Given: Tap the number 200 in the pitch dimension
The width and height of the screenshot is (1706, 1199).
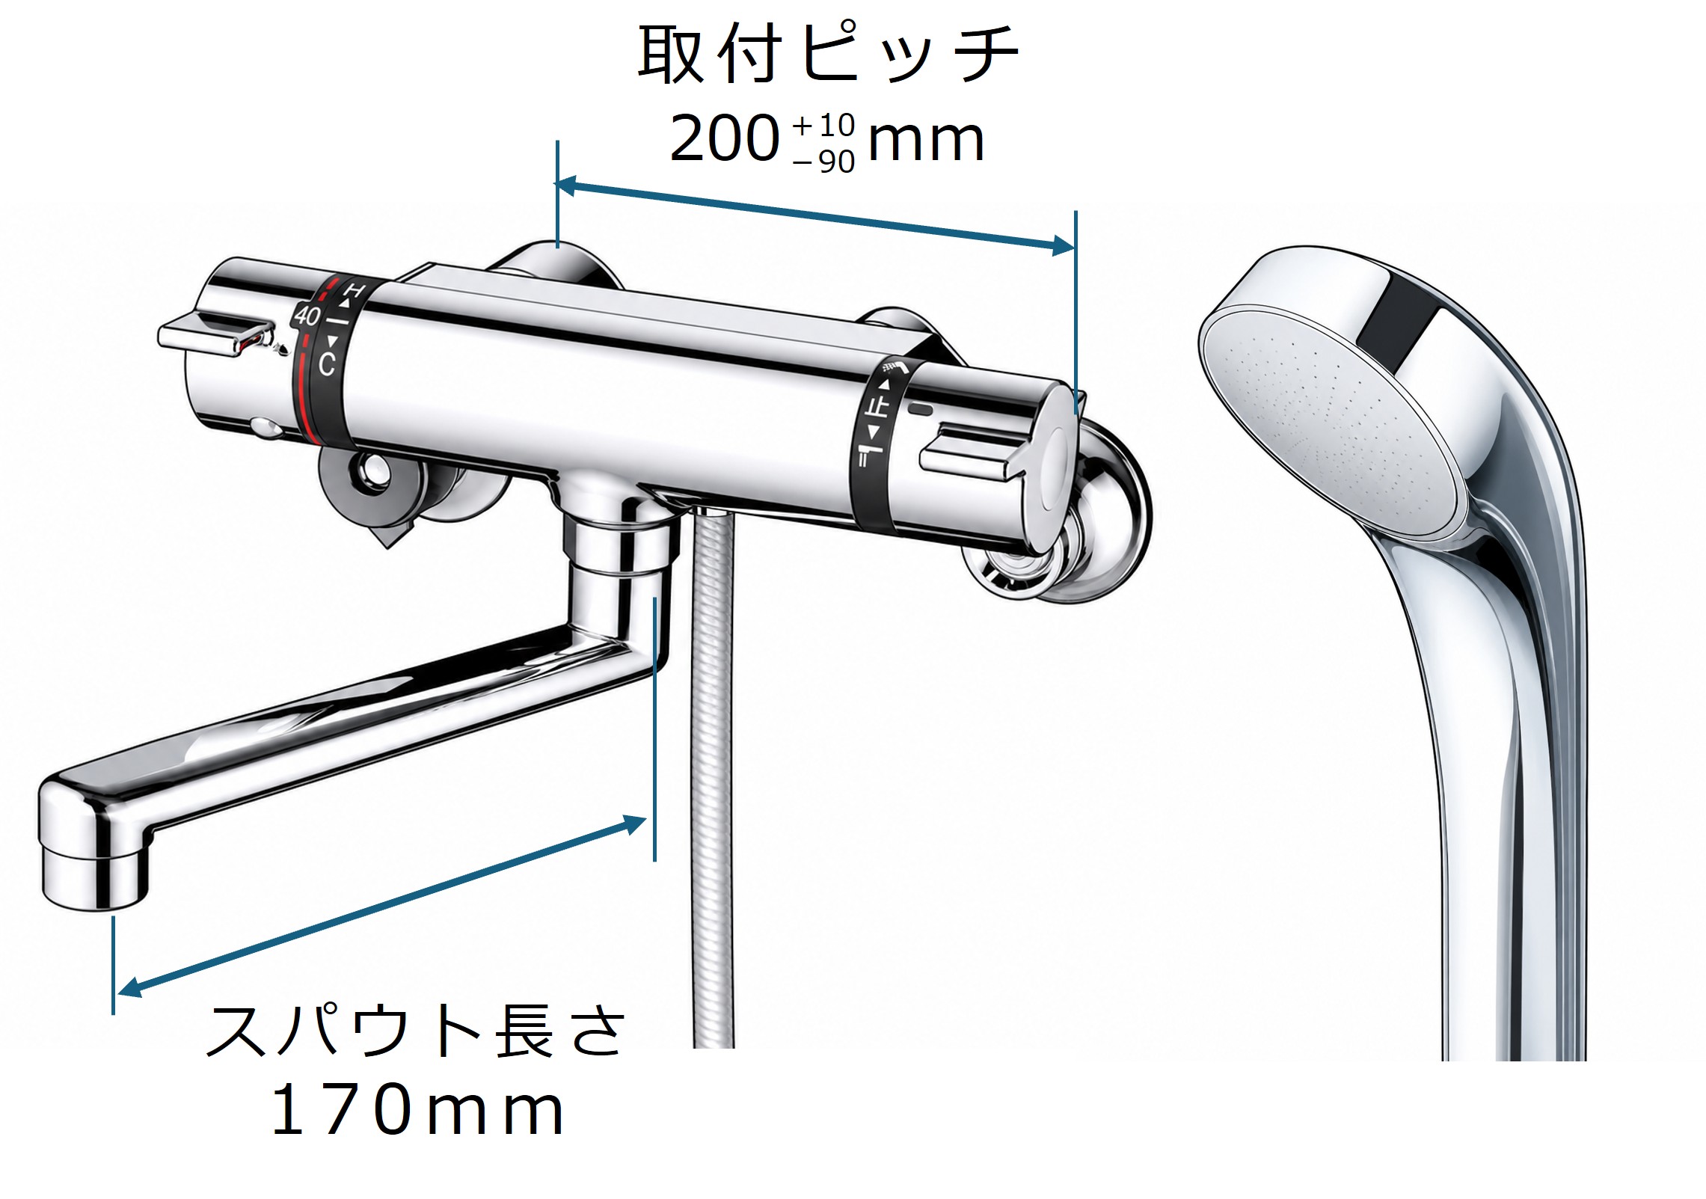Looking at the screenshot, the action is point(725,138).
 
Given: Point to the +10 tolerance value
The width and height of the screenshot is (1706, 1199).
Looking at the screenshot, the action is point(824,125).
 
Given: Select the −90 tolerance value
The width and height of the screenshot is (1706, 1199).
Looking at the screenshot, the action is point(824,162).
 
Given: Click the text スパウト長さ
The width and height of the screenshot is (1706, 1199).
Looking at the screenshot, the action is point(415,1030).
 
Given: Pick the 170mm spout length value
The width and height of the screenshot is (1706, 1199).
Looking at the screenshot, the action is point(417,1111).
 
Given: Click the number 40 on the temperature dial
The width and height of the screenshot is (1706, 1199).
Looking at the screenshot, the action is point(307,315).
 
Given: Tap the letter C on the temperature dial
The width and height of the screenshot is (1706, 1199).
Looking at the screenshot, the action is point(327,364).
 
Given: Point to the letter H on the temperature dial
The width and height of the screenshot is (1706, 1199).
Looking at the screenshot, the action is point(355,292).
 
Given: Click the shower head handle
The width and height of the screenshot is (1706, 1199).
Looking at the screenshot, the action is point(1503,785).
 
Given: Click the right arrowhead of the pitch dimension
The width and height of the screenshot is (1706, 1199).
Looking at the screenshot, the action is point(1064,245).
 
